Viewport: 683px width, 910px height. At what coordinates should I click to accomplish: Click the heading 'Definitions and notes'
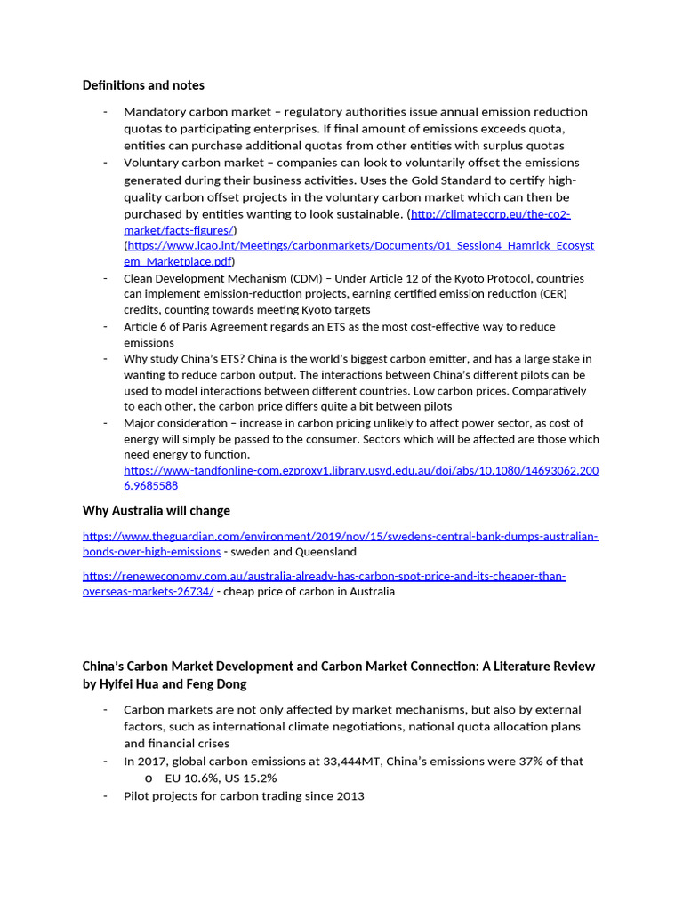click(143, 85)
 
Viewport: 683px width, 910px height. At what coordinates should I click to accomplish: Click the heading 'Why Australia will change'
click(156, 510)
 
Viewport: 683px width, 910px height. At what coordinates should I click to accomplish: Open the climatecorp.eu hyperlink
click(490, 214)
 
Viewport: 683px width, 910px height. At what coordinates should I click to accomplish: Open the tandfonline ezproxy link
click(361, 470)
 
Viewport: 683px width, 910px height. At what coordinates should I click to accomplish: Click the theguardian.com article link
click(340, 536)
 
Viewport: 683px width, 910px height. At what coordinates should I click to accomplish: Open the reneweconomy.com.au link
click(324, 576)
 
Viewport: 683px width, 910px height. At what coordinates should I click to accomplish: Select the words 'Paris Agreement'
click(218, 326)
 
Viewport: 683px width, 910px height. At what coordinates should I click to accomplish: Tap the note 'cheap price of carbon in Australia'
click(309, 592)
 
